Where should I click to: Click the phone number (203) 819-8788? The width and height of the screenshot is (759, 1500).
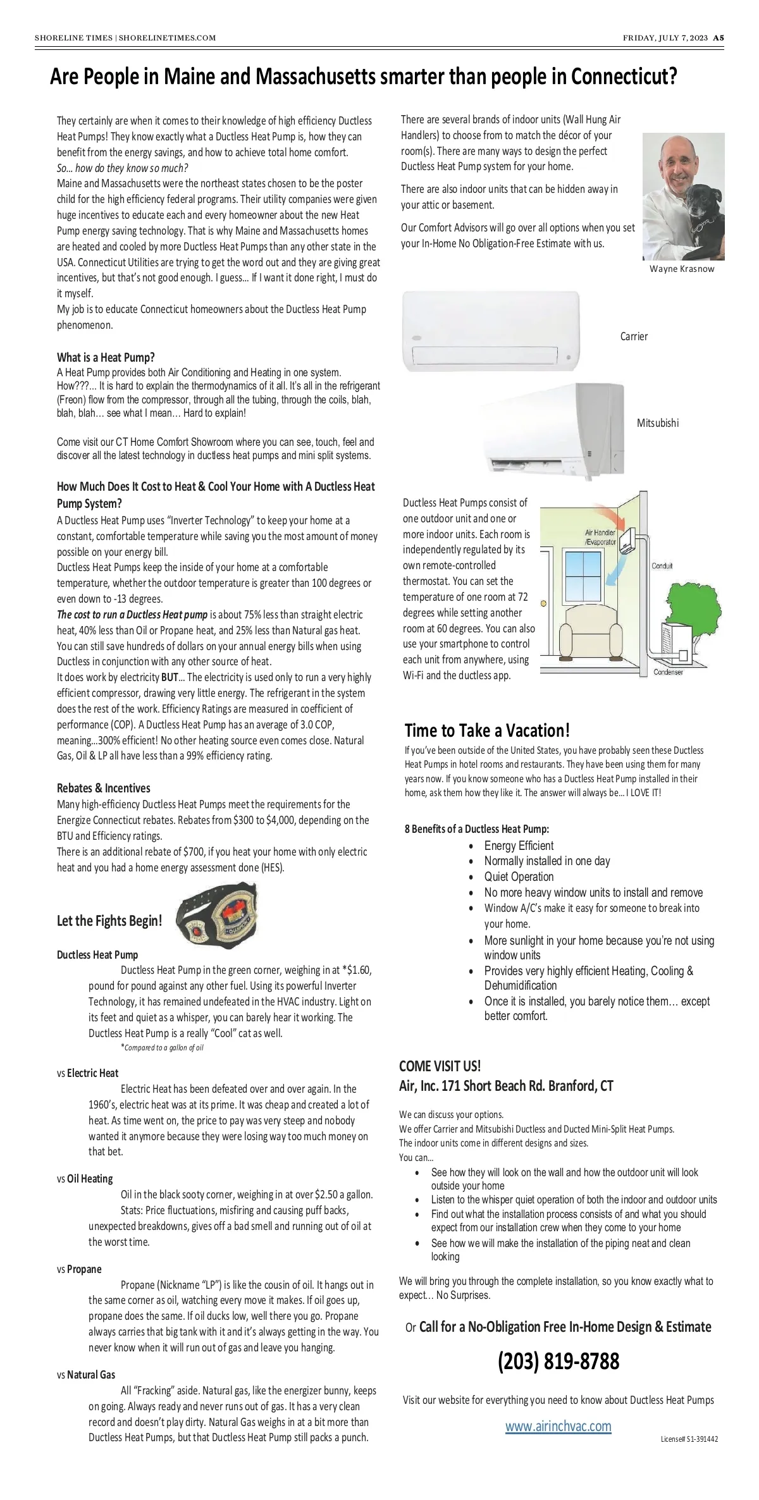coord(558,1360)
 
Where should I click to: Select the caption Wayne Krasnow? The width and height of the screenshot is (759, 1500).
coord(682,269)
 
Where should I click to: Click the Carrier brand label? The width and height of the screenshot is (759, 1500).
coord(634,336)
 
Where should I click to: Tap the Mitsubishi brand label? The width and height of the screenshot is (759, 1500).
coord(658,423)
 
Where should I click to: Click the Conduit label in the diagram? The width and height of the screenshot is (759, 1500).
coord(662,566)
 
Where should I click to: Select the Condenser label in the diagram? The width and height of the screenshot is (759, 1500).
coord(669,672)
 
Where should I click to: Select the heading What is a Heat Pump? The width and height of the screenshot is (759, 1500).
coord(106,357)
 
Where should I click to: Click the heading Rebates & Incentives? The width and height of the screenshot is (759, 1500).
coord(104,788)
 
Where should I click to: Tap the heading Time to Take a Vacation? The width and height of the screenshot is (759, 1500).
coord(487,730)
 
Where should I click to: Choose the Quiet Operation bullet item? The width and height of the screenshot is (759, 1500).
coord(519,876)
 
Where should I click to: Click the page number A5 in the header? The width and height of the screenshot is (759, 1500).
coord(719,38)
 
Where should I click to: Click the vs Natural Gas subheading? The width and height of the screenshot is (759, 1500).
coord(86,1375)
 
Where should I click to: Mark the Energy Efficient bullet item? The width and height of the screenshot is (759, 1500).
coord(519,845)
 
